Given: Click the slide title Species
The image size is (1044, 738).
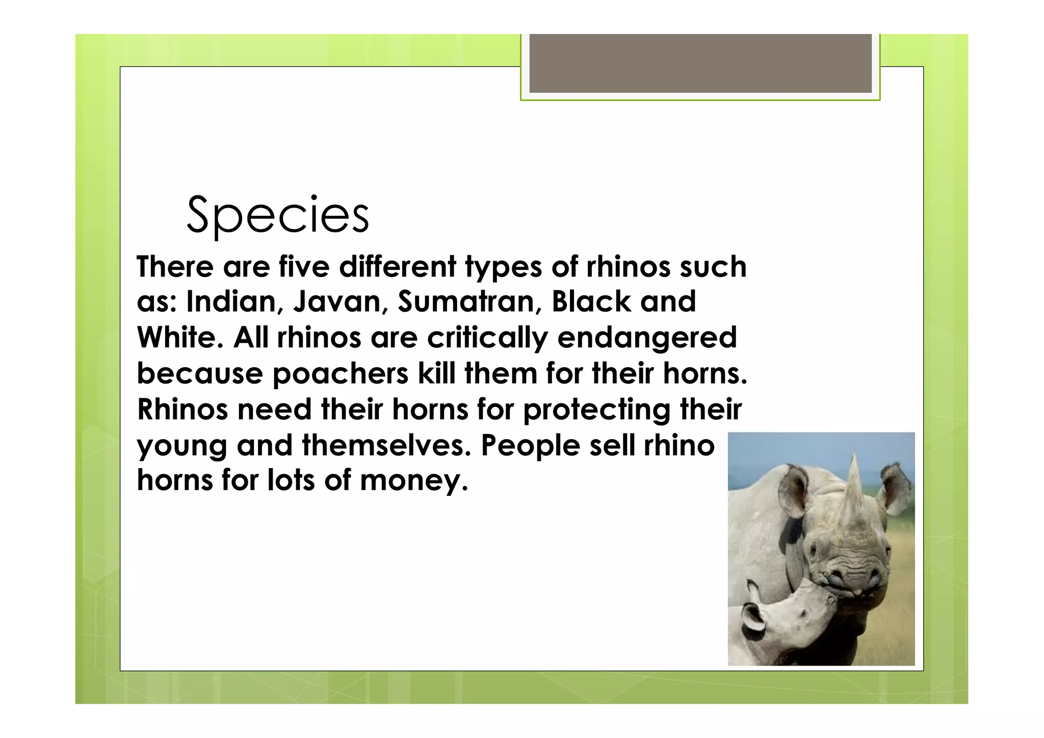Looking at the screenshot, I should (278, 215).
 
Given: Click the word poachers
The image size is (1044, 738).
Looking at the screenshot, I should (341, 374).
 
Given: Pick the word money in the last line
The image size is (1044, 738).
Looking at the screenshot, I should (414, 481).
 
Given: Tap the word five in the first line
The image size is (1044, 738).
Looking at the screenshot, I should (304, 267).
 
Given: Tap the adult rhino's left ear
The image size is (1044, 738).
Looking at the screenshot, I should (793, 490).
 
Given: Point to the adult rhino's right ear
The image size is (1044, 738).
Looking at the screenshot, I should (896, 487).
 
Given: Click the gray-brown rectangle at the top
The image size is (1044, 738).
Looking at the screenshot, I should (700, 63).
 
